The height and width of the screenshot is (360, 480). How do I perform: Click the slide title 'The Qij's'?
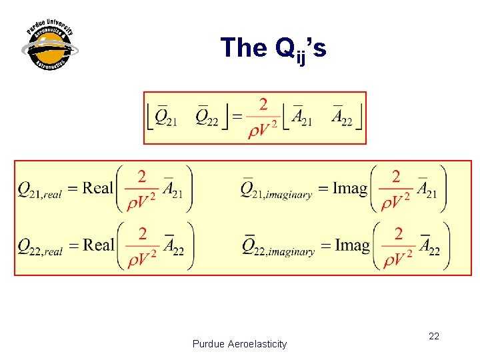click(x=273, y=48)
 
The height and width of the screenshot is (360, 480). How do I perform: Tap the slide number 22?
click(x=433, y=336)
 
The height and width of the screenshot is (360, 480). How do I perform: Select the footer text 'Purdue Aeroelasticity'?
click(x=239, y=344)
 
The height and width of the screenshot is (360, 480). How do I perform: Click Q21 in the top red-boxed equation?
click(x=165, y=117)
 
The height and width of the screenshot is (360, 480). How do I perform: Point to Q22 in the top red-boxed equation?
click(x=206, y=117)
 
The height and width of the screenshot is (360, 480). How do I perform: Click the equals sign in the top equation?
click(x=237, y=117)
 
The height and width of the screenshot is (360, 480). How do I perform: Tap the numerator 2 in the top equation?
click(x=263, y=105)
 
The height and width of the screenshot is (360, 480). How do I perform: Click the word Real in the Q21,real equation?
click(x=98, y=188)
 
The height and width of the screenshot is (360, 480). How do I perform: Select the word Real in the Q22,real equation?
click(x=99, y=245)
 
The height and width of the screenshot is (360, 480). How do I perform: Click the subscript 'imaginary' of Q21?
click(x=287, y=195)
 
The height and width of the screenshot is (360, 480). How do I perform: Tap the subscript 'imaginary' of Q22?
click(x=290, y=252)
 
